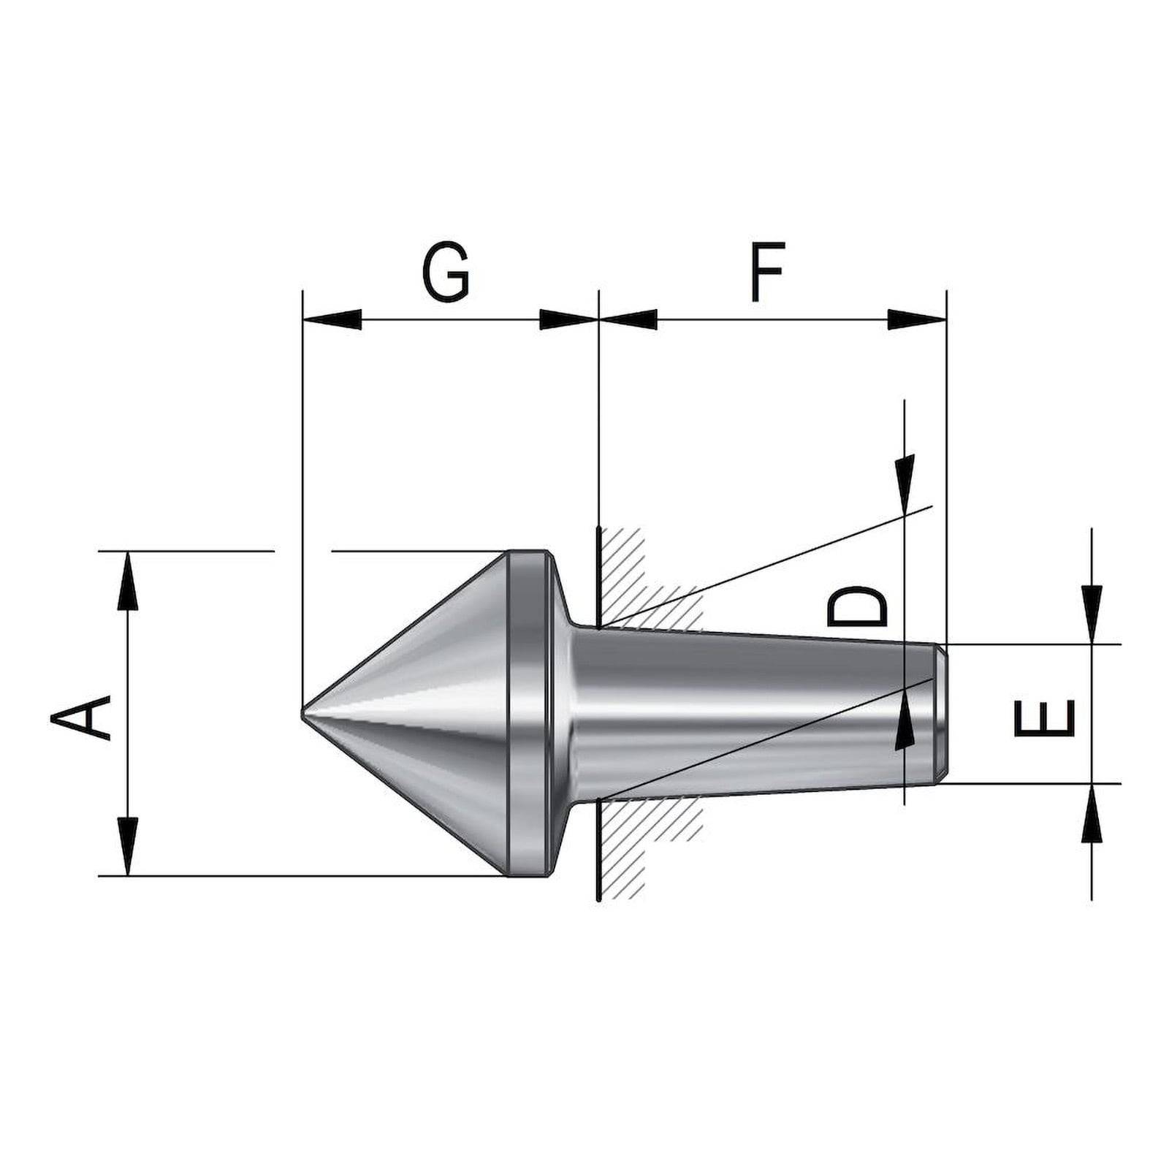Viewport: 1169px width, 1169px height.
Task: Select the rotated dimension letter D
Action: pos(857,607)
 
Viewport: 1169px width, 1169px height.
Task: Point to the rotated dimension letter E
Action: pos(1045,717)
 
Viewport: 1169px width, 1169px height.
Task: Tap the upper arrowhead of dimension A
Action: pos(128,580)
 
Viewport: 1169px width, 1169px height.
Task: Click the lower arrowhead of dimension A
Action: pos(128,846)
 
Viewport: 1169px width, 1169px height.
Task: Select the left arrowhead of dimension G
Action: pos(332,319)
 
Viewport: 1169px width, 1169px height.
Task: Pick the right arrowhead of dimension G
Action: pos(568,319)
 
